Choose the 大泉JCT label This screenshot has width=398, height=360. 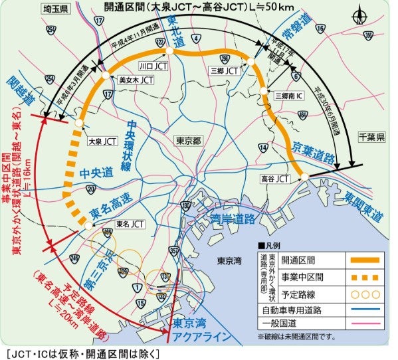pos(102,140)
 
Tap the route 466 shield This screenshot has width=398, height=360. pos(108,232)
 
